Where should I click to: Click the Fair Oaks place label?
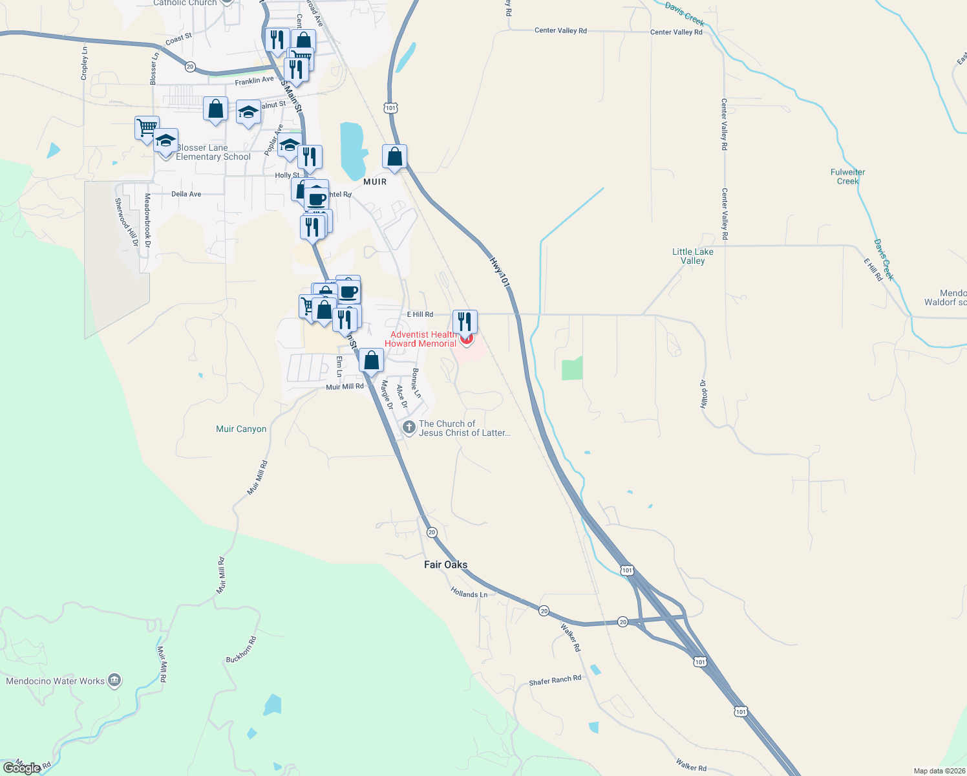[x=445, y=565]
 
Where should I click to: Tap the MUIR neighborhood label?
[x=375, y=182]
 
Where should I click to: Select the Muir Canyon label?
[x=241, y=429]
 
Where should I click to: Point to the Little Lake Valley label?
[x=693, y=256]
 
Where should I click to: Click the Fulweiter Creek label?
[x=847, y=177]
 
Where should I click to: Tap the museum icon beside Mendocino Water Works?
[x=115, y=680]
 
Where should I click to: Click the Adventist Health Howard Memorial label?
[x=421, y=339]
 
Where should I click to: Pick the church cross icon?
[x=409, y=427]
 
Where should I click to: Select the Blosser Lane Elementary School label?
[x=213, y=153]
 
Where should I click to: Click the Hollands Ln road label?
[x=469, y=594]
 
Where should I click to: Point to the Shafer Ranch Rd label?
[x=555, y=680]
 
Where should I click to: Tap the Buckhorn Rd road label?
[x=241, y=649]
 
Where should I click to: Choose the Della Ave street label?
[x=186, y=194]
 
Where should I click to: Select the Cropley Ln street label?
[x=84, y=63]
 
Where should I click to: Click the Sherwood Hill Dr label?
[x=127, y=222]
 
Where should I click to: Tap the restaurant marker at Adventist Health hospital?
[x=465, y=321]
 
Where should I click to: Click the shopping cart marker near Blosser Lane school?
[x=147, y=127]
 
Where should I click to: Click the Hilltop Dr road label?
[x=704, y=394]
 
